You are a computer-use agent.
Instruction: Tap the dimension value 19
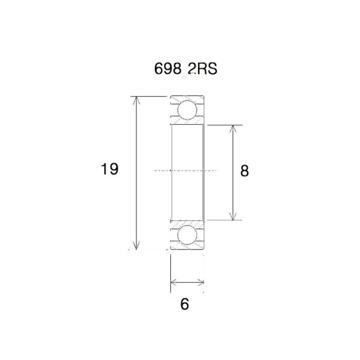click(109, 170)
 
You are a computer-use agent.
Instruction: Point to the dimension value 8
click(244, 171)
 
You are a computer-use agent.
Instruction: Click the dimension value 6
click(185, 304)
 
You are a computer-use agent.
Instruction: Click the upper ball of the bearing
click(187, 111)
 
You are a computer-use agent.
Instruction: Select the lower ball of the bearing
click(187, 235)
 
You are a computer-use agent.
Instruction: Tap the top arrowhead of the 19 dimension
click(137, 101)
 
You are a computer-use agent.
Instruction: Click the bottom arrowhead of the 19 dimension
click(137, 244)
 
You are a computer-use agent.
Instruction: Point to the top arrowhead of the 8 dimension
click(233, 130)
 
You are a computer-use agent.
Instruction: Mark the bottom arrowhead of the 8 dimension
click(233, 215)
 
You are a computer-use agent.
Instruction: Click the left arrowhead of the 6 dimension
click(174, 282)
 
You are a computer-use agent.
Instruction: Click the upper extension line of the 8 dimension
click(222, 125)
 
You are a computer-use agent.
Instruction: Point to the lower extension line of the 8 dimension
click(222, 220)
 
